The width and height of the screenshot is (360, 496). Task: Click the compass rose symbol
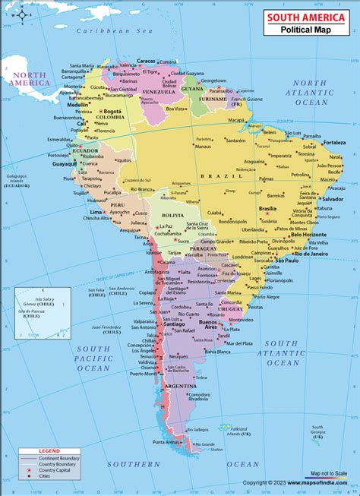tap(23, 15)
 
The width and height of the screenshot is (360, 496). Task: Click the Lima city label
tap(96, 212)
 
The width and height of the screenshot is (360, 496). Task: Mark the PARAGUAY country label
tap(205, 248)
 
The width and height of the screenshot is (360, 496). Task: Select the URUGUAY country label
tap(230, 308)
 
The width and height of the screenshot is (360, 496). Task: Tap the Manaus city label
tap(203, 147)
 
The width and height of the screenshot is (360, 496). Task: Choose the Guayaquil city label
tap(64, 163)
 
